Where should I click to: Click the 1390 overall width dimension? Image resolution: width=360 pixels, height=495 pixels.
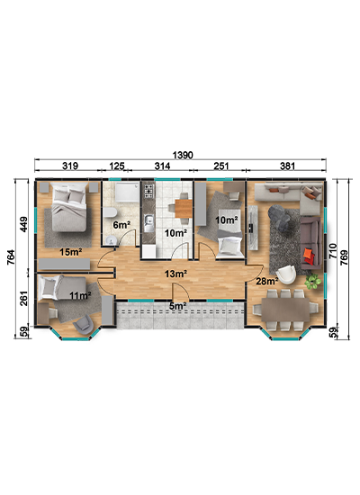[x=183, y=155]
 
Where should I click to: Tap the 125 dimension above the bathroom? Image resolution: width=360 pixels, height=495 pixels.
[x=116, y=166]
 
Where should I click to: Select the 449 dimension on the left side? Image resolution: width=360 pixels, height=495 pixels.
[x=24, y=224]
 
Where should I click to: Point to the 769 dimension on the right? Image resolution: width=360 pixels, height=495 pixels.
[x=344, y=257]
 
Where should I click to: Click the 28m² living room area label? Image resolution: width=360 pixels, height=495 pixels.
[x=266, y=281]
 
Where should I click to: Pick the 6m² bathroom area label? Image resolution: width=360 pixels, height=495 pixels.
[x=121, y=225]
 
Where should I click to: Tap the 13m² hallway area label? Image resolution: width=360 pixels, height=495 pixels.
[x=175, y=274]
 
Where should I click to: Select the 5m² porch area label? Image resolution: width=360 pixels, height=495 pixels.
[x=178, y=306]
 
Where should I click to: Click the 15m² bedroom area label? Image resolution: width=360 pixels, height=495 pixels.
[x=71, y=252]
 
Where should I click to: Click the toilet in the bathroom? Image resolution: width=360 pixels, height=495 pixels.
[x=110, y=212]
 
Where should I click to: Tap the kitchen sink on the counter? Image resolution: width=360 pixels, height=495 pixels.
[x=148, y=222]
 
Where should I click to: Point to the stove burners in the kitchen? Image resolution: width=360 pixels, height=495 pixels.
[x=148, y=191]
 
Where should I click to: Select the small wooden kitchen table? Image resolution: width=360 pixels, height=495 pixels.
[x=184, y=209]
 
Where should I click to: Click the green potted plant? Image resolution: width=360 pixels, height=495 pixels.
[x=312, y=281]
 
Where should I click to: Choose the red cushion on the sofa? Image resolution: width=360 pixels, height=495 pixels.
[x=309, y=256]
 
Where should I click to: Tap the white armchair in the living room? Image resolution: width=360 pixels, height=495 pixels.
[x=286, y=274]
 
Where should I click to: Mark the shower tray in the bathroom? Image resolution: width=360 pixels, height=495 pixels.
[x=127, y=193]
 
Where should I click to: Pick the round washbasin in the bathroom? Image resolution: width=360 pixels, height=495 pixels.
[x=112, y=241]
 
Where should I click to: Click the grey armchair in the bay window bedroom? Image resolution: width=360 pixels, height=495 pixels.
[x=84, y=325]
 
